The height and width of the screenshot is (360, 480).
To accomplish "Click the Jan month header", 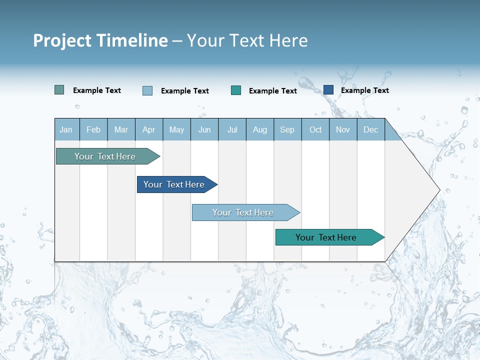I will click(x=66, y=129).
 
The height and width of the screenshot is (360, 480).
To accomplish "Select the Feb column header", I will click(x=93, y=129).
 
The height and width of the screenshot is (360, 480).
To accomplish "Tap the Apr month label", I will click(x=148, y=129).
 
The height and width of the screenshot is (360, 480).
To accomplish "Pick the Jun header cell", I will click(x=204, y=129).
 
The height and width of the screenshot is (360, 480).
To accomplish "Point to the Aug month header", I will click(x=259, y=129).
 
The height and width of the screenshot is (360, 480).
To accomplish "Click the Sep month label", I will click(x=287, y=129).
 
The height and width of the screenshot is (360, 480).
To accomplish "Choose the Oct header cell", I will click(x=315, y=129).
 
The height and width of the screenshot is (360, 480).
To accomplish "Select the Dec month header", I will click(x=370, y=129).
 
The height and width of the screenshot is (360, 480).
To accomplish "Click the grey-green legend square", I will click(x=59, y=90).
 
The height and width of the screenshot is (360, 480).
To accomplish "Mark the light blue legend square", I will click(x=147, y=90).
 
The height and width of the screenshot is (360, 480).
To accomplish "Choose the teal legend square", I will click(x=236, y=90).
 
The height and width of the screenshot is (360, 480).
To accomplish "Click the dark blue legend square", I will click(x=328, y=89).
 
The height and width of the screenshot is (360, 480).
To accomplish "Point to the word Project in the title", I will click(x=62, y=40).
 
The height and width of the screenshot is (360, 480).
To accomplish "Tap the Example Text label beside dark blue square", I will click(x=364, y=90).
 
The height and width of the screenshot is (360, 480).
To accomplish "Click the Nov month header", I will click(x=342, y=129).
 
